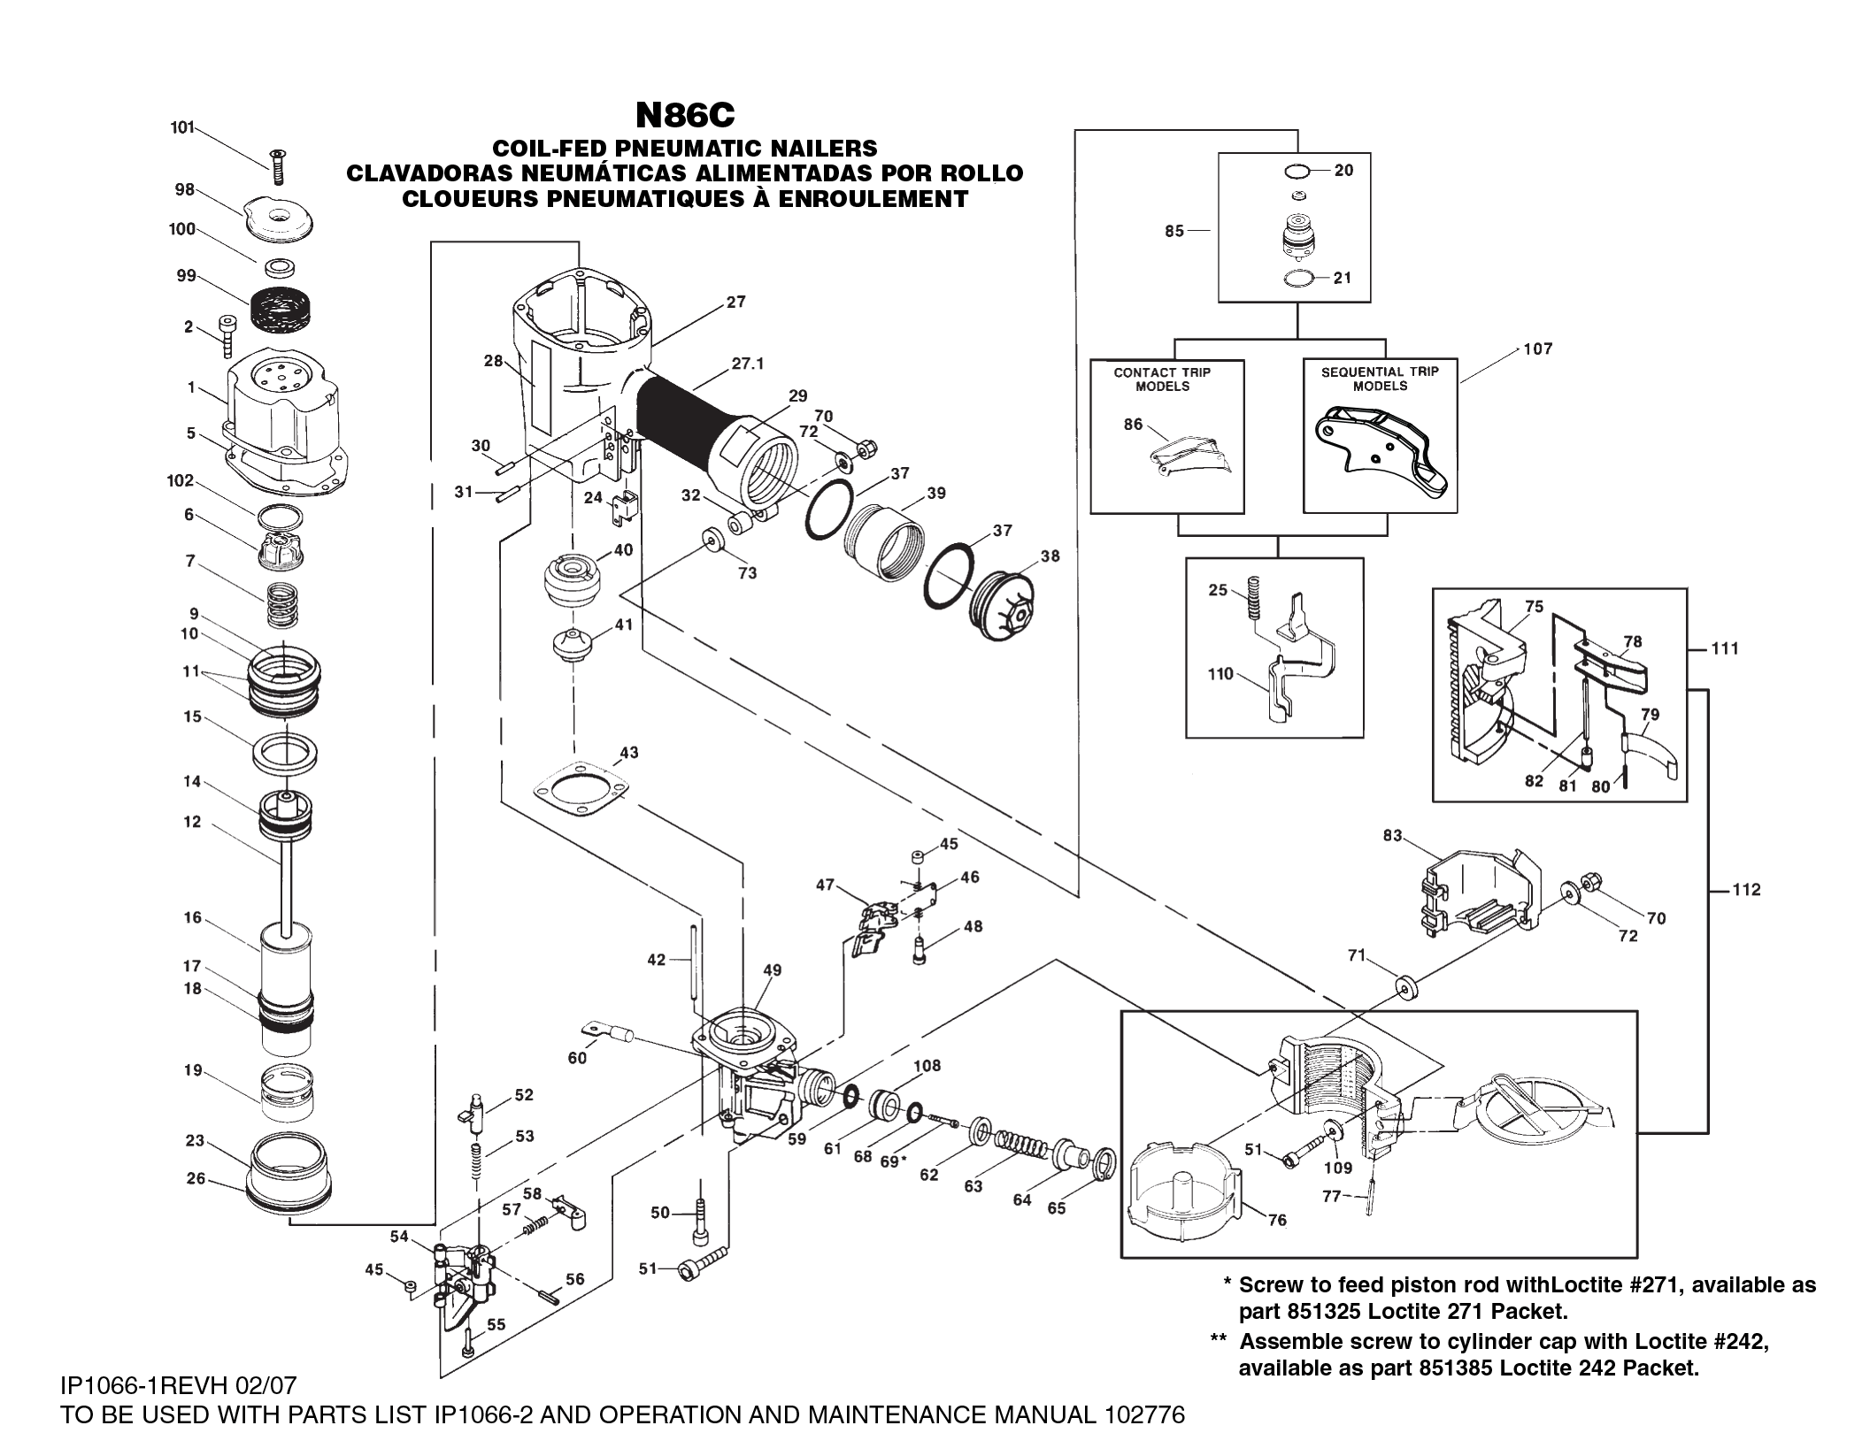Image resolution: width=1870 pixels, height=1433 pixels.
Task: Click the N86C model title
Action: pos(684,114)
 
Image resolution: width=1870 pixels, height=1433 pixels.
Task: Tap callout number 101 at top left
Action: pos(181,127)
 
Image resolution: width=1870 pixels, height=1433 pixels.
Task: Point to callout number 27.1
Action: pos(748,363)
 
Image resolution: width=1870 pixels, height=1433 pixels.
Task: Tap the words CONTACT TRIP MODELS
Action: pos(1162,379)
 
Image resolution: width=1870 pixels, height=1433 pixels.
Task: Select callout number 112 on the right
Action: pos(1746,890)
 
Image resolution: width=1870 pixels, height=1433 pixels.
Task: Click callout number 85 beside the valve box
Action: pos(1174,232)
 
